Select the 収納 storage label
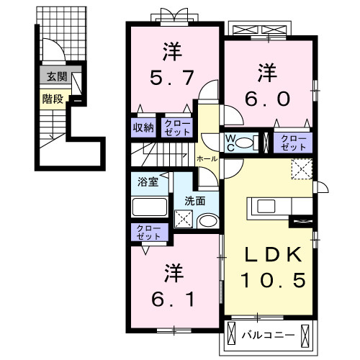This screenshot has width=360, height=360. (x=143, y=128)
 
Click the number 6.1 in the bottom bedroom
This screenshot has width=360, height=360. (x=172, y=297)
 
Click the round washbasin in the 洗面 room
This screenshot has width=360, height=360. (x=207, y=222)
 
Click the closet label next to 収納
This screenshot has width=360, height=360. (x=176, y=128)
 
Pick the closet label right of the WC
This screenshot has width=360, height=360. (x=292, y=141)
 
